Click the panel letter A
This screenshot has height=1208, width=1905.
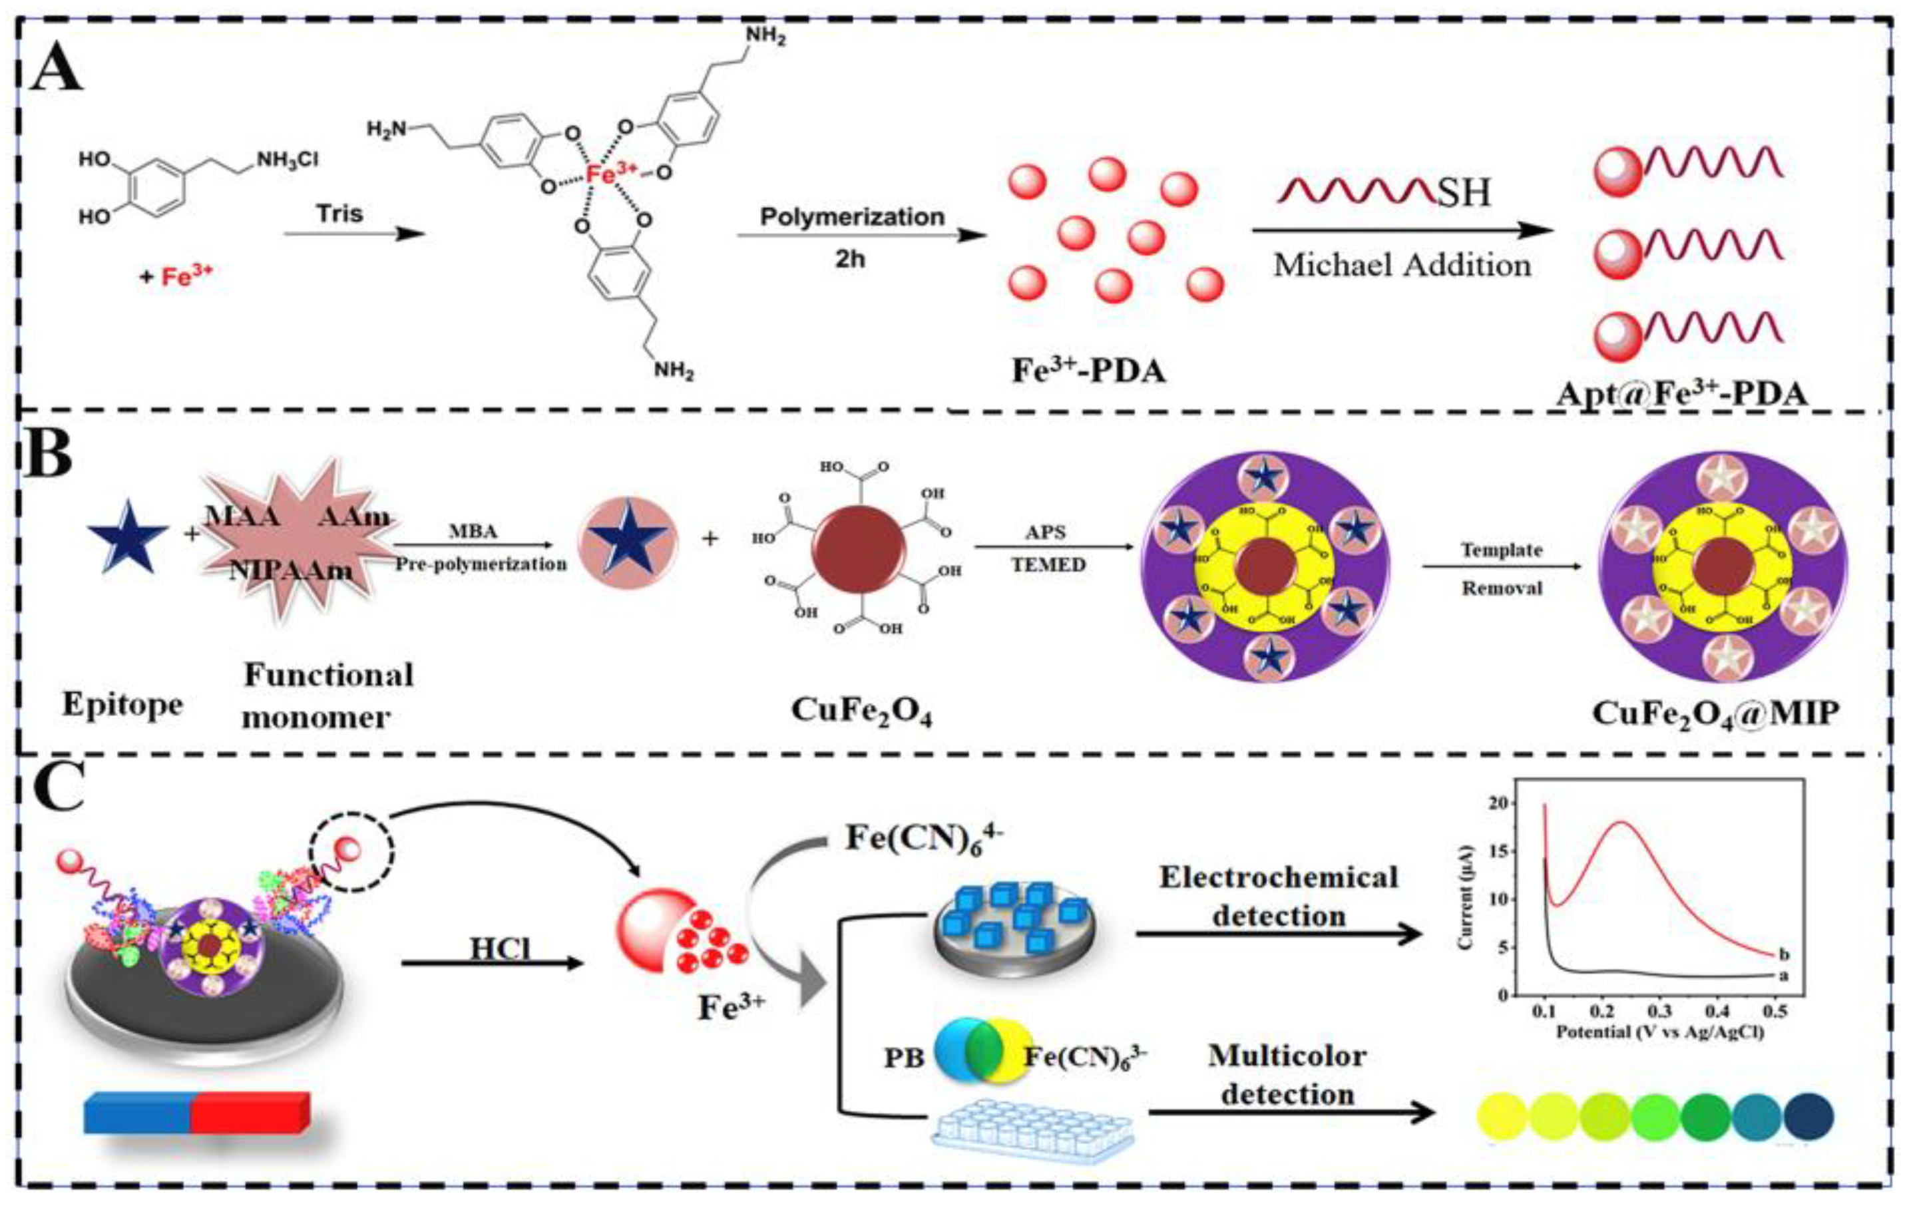pos(55,79)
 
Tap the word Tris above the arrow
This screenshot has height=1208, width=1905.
pos(339,214)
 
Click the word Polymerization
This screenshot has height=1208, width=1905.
pos(852,217)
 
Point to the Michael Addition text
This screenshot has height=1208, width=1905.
pos(1402,265)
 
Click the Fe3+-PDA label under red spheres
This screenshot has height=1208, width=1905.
pos(1090,370)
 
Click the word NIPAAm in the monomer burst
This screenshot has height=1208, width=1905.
pos(291,570)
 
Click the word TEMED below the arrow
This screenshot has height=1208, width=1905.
pos(1048,565)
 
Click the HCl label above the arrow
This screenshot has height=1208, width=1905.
pos(500,949)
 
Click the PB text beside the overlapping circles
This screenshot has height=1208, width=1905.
pos(903,1058)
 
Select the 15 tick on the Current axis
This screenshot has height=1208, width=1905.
pos(1514,851)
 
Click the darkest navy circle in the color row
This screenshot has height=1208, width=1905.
pos(1808,1116)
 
